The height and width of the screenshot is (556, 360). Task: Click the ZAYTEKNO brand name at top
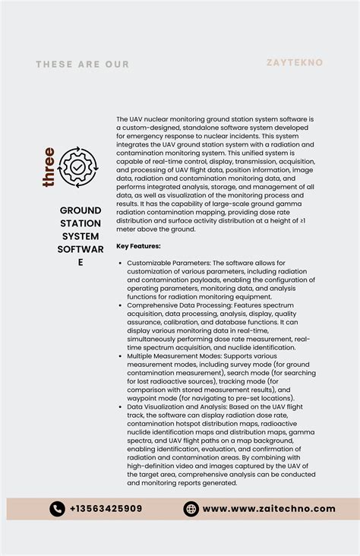[x=295, y=62]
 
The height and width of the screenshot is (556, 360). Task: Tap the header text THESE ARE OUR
[x=83, y=65]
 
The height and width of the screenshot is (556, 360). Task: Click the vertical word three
[x=49, y=167]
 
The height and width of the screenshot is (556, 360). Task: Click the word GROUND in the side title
[x=81, y=210]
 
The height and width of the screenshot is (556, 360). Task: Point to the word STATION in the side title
[x=81, y=223]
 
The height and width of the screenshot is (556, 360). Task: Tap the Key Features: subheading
[x=138, y=246]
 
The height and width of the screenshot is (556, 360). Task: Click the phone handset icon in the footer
[x=58, y=509]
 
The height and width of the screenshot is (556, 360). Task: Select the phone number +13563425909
[x=106, y=509]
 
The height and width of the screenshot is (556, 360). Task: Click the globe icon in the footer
[x=191, y=509]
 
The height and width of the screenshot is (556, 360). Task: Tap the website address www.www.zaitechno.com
[x=268, y=509]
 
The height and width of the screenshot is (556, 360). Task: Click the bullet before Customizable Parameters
[x=121, y=263]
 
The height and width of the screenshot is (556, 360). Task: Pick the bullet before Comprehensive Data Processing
[x=121, y=305]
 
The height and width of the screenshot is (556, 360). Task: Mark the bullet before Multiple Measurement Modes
[x=121, y=355]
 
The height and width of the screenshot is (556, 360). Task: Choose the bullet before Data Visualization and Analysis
[x=121, y=406]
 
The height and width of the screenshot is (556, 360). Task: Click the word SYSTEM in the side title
[x=81, y=236]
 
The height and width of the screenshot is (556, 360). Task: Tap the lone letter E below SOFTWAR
[x=81, y=262]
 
